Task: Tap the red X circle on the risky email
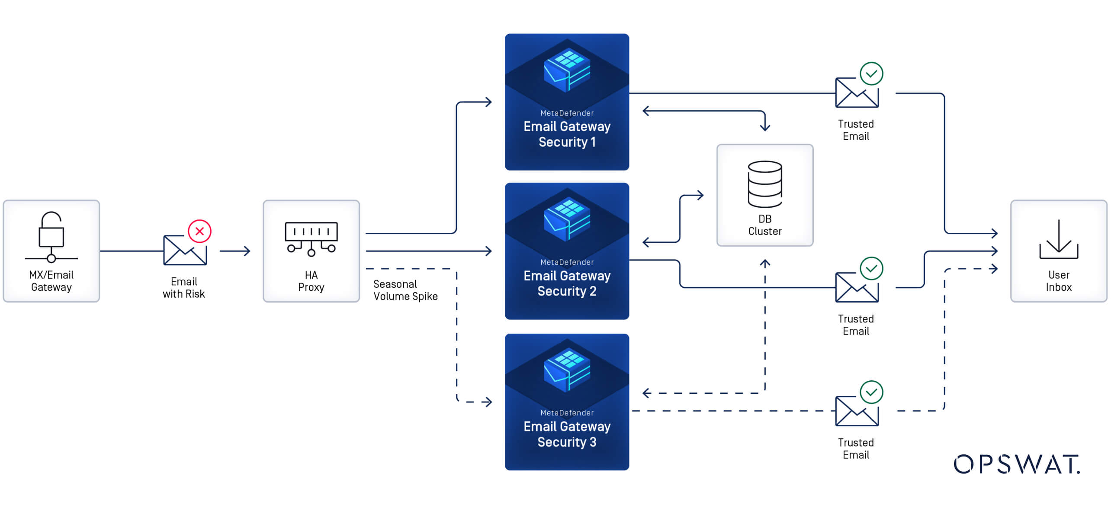coord(199,231)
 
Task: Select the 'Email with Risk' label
coord(183,288)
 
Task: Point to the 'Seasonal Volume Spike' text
coord(405,290)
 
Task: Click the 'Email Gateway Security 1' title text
coord(567,134)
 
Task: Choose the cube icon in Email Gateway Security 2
coord(567,219)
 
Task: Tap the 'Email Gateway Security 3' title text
coord(567,434)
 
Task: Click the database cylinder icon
coord(764,184)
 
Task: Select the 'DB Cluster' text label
coord(764,225)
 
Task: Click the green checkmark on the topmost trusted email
coord(871,74)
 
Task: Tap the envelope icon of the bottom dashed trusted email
coord(856,411)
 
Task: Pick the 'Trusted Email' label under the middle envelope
coord(855,325)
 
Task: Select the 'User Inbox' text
coord(1058,281)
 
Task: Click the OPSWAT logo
coord(1016,464)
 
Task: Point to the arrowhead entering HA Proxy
coord(247,251)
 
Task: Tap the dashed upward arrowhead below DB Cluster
coord(765,263)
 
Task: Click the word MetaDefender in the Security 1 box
coord(567,113)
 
